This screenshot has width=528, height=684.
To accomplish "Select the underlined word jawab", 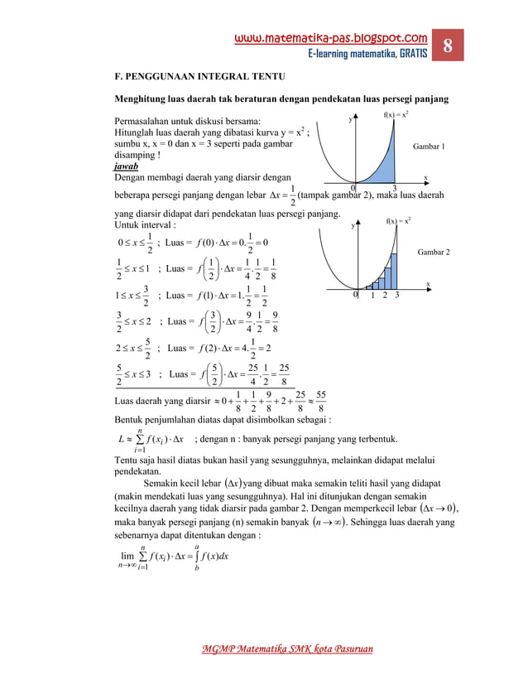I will click(x=126, y=166).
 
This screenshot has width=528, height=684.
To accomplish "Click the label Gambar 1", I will click(x=429, y=146).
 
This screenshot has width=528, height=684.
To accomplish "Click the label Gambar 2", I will click(x=434, y=251).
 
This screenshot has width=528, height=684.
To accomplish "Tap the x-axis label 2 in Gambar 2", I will click(x=385, y=295).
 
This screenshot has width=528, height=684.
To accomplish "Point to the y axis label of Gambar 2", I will click(x=353, y=224).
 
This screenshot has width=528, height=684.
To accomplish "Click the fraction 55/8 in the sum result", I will click(x=320, y=402).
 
